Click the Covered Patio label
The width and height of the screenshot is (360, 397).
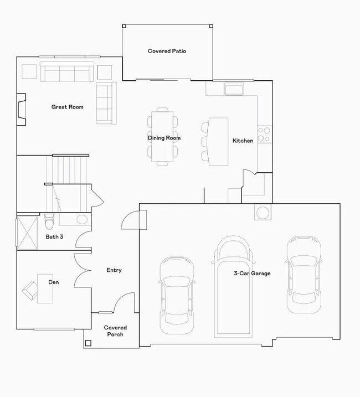coord(167,51)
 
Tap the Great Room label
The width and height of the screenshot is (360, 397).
coord(67,107)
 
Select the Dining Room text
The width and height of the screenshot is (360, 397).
coord(164,138)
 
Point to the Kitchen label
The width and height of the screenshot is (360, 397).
coord(243,141)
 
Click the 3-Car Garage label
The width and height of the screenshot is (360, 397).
coord(252,274)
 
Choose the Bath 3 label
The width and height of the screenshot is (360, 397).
coord(55,237)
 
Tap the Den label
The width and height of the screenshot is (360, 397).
coord(54,282)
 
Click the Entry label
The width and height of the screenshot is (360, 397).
coord(114,270)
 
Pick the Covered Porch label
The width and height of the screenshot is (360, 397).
coord(115,331)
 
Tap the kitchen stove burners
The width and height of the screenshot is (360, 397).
coord(265,134)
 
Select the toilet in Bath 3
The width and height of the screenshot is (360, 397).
coord(49,221)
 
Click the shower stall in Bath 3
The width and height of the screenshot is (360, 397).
coord(27,231)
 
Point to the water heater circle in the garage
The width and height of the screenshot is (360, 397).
coord(262,212)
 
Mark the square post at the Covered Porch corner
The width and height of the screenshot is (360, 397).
coord(88,343)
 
